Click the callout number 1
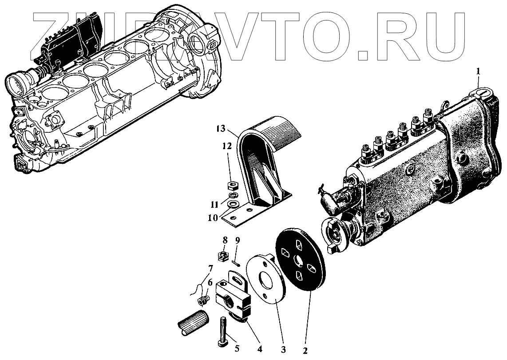[x=479, y=71]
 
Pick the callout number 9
[x=238, y=241]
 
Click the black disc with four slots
[x=301, y=260]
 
